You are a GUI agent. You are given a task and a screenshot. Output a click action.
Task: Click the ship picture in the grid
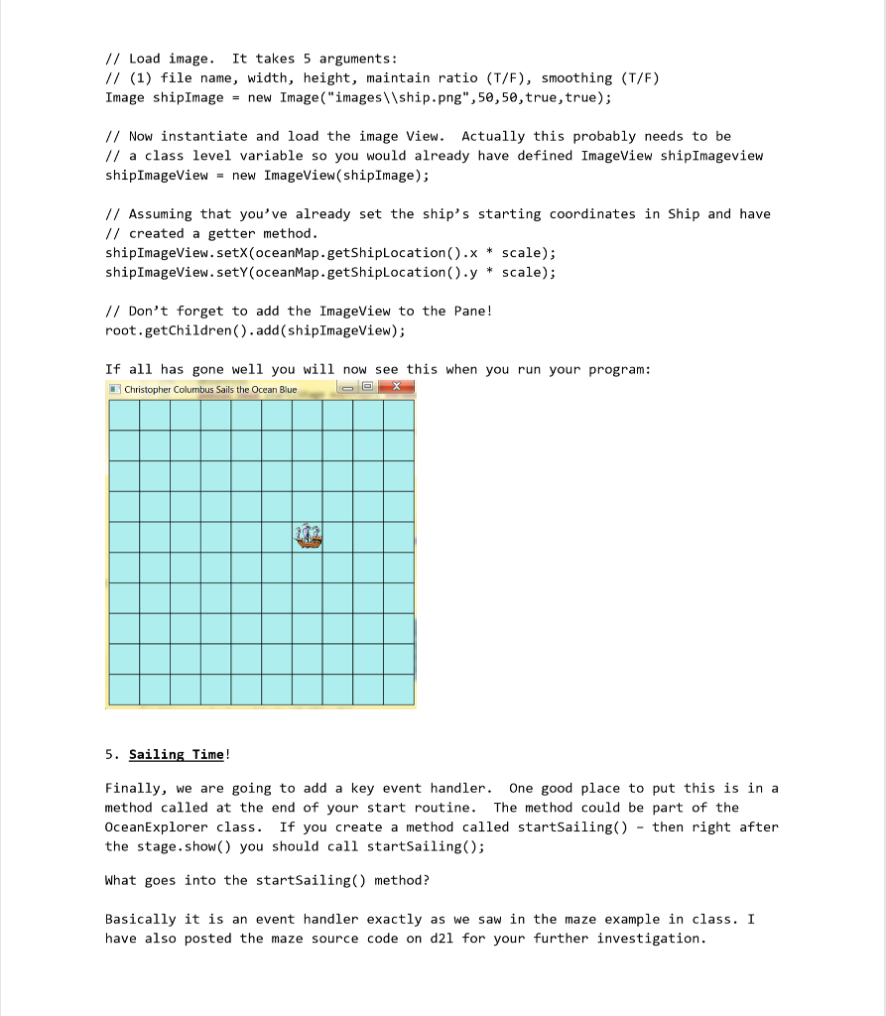coord(309,537)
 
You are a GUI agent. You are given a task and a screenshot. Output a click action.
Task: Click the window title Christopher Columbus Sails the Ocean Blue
coord(210,390)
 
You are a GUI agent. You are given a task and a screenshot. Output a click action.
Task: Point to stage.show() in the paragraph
coord(192,846)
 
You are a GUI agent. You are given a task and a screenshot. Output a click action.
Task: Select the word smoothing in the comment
coord(576,77)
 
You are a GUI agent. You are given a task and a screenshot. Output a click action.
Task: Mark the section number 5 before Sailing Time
coord(109,755)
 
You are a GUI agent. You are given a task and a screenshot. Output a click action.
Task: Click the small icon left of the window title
coord(115,389)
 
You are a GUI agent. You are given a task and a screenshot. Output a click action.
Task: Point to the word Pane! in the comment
coord(469,311)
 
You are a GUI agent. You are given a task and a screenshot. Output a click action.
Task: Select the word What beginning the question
coord(121,880)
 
